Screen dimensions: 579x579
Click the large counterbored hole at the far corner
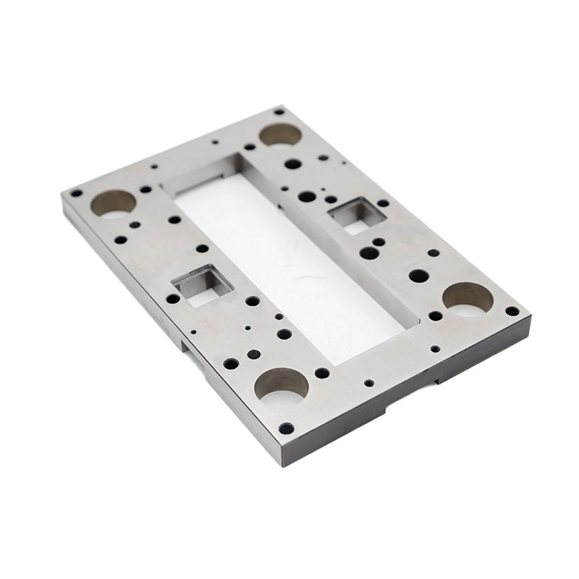point(280,134)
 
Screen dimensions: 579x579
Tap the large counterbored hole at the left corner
point(113,203)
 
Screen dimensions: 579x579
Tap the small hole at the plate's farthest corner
point(279,112)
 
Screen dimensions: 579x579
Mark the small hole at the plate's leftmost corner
point(75,193)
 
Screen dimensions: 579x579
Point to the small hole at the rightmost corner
point(512,311)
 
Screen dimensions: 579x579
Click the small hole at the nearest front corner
point(287,428)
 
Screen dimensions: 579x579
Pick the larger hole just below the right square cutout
point(369,253)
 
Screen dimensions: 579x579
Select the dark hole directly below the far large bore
point(292,164)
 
